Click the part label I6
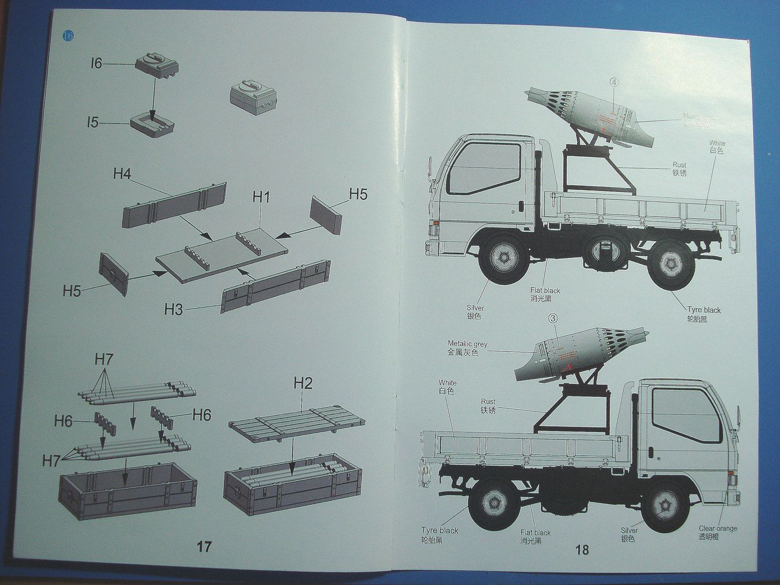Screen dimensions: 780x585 coord(96,63)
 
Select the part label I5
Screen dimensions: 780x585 coord(93,122)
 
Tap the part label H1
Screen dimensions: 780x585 coord(261,197)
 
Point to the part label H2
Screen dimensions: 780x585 coord(303,383)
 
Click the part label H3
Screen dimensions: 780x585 coord(173,309)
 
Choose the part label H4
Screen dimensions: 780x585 coord(122,174)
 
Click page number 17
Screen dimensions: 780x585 coord(204,546)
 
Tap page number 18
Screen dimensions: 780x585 coord(582,550)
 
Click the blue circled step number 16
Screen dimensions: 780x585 coord(68,36)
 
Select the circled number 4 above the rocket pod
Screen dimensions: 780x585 coord(613,82)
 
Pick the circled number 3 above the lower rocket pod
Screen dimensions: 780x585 coord(552,318)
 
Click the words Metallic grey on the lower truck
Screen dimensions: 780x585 coord(467,344)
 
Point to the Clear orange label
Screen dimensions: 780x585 coord(718,528)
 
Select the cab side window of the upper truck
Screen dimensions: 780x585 coord(483,167)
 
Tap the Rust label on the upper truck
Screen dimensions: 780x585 coord(680,165)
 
